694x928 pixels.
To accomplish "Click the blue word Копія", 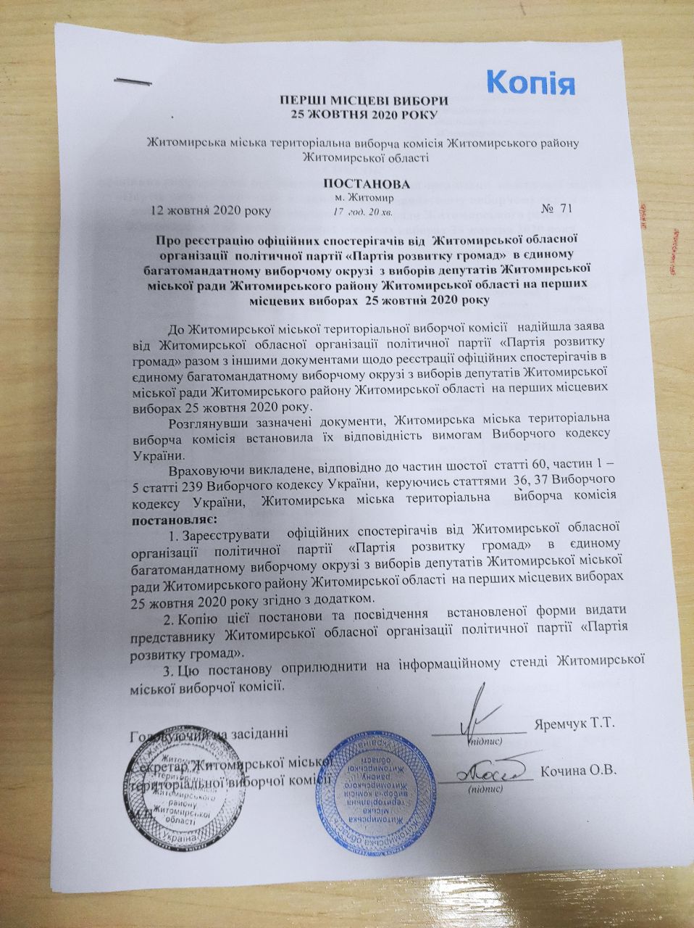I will point(530,81).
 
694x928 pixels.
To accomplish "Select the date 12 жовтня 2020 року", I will point(210,212).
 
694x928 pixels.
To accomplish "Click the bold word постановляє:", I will point(173,520).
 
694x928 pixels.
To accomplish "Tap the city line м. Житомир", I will point(364,198).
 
